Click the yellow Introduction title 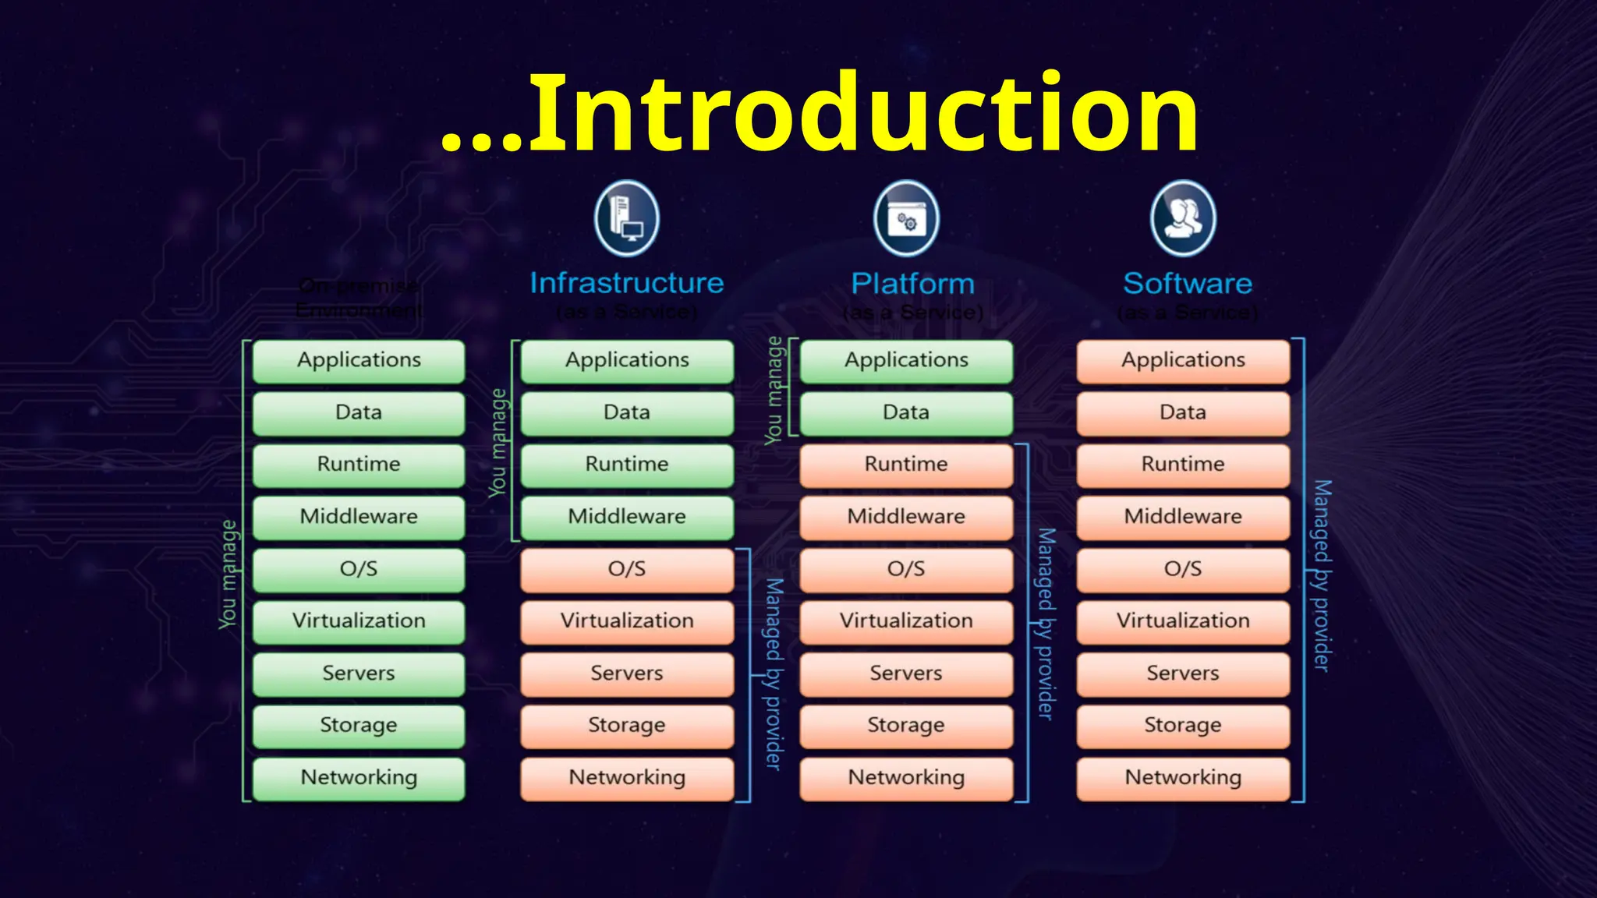[x=820, y=113]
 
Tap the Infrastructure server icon [x=626, y=219]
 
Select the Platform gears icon [x=905, y=219]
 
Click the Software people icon [x=1183, y=219]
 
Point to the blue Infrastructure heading [x=627, y=283]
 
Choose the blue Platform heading [x=912, y=284]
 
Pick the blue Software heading [x=1187, y=284]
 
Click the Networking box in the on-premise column [x=359, y=778]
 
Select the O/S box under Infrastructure [x=627, y=569]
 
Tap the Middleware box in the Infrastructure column [x=627, y=517]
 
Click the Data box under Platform [x=906, y=412]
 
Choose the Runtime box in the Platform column [x=906, y=465]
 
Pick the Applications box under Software [x=1183, y=360]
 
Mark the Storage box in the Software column [x=1183, y=726]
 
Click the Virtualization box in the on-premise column [x=359, y=621]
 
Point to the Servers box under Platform [x=906, y=673]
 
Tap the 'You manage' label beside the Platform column [x=774, y=391]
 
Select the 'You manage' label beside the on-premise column [x=228, y=574]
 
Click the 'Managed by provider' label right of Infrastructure [x=773, y=673]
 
